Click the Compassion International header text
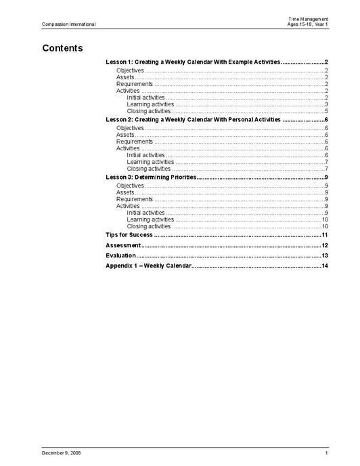tap(68, 24)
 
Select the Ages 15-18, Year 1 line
tap(307, 24)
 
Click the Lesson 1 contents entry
tap(193, 62)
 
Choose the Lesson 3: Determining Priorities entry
tap(152, 177)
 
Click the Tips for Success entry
tap(129, 234)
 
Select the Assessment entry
tap(123, 245)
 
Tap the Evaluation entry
tap(121, 255)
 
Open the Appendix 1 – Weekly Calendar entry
tap(149, 266)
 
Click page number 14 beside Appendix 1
tap(325, 266)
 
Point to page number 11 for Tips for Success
tap(325, 234)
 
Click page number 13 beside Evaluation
tap(325, 255)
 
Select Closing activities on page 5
tap(149, 111)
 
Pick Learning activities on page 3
tap(150, 104)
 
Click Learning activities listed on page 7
tap(150, 162)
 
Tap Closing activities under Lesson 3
tap(149, 226)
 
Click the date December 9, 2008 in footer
tap(61, 452)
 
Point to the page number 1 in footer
tap(326, 452)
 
